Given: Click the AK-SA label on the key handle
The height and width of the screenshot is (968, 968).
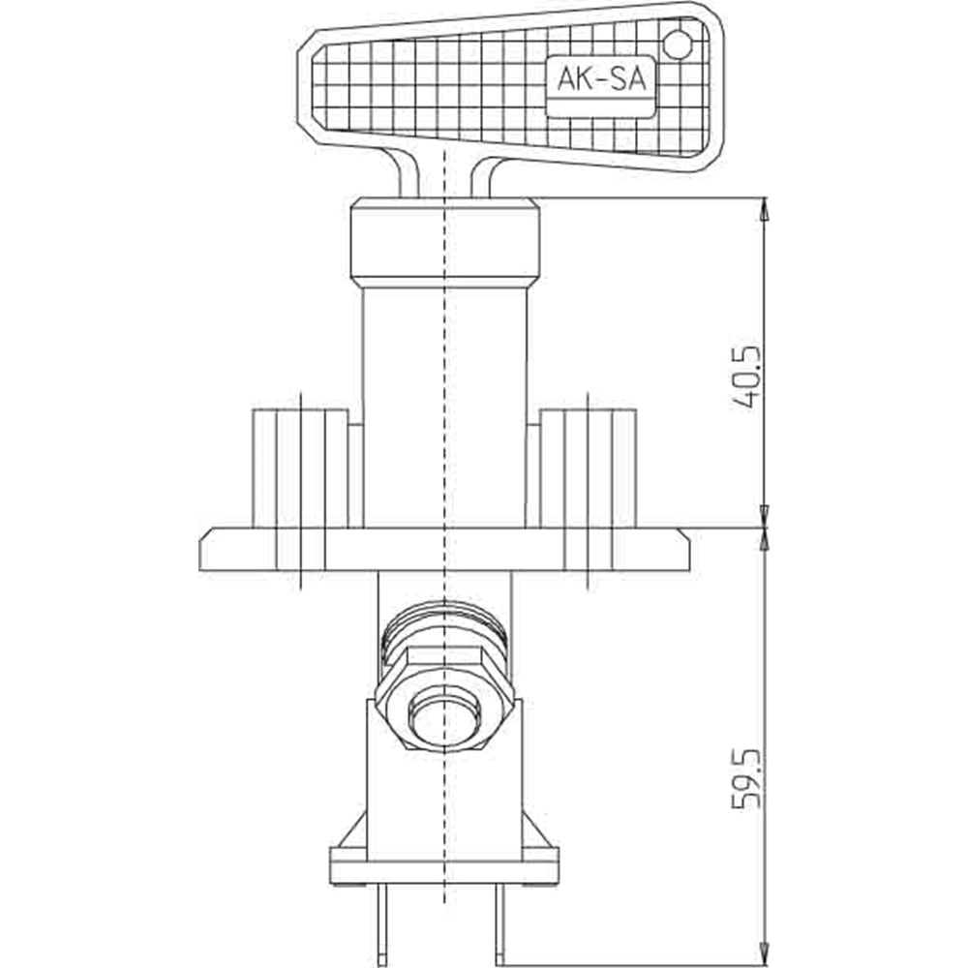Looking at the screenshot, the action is (x=601, y=79).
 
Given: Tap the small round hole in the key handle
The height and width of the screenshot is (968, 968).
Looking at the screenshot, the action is (x=678, y=45).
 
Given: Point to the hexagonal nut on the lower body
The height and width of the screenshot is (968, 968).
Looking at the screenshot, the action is (x=444, y=698).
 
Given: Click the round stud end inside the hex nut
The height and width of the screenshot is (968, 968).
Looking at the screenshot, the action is (x=444, y=719).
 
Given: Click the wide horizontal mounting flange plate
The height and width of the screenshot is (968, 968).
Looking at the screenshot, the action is (x=444, y=550).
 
